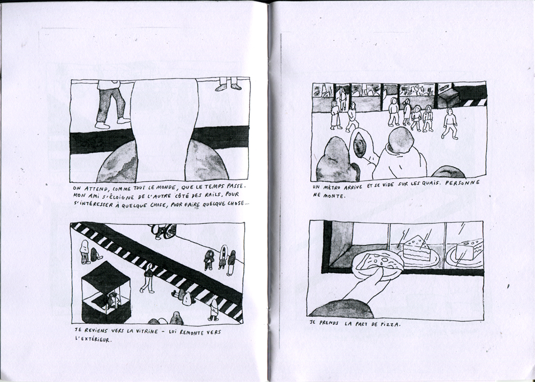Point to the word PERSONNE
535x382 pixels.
click(x=462, y=183)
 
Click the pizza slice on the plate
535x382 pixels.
click(x=378, y=262)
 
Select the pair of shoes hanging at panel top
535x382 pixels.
click(x=228, y=87)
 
